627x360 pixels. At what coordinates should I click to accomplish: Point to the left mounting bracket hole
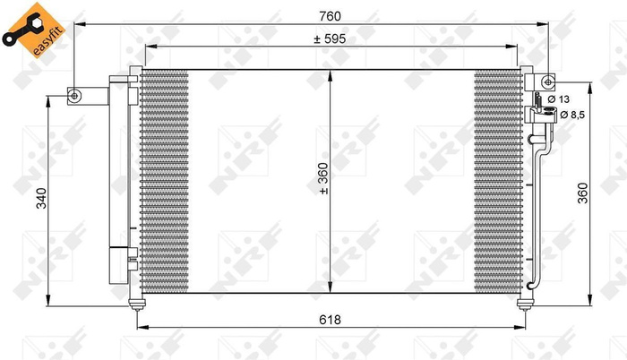pyautogui.click(x=75, y=96)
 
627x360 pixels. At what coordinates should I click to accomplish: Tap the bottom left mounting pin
pyautogui.click(x=136, y=305)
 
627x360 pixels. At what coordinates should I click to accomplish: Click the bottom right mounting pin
pyautogui.click(x=523, y=305)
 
